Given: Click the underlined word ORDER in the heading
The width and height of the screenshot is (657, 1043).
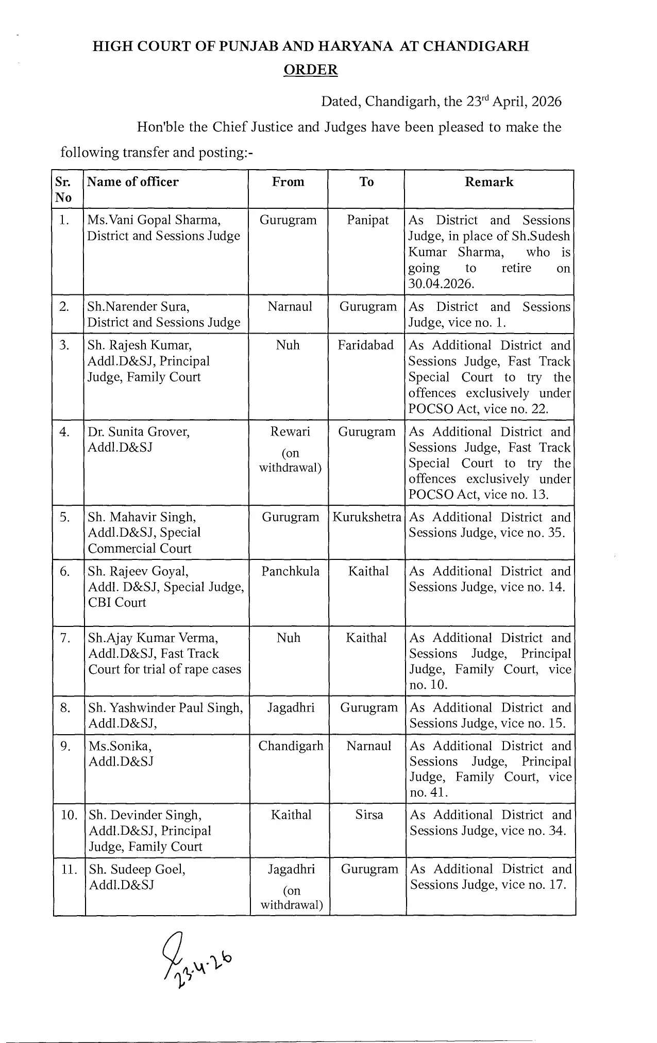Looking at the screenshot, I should click(311, 70).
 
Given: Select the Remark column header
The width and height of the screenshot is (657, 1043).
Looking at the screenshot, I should click(488, 182).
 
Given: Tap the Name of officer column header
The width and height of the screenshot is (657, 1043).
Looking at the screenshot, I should click(133, 182).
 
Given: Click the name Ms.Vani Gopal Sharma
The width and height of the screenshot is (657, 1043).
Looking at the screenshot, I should click(154, 220).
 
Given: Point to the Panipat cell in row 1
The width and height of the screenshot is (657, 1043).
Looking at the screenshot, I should click(367, 220).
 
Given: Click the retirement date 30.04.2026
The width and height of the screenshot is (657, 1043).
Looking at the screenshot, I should click(441, 284).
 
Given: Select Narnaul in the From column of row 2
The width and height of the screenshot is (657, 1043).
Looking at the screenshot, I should click(290, 307).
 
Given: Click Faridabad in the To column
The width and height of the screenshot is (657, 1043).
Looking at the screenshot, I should click(366, 345).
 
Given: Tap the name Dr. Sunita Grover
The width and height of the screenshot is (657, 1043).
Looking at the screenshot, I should click(139, 432).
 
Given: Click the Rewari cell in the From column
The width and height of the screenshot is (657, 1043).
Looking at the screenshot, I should click(290, 432).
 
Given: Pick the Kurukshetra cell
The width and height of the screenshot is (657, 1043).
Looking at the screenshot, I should click(367, 517).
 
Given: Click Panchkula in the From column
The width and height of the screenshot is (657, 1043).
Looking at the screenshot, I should click(290, 571).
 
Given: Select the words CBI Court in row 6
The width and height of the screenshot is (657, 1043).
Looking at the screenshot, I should click(117, 603).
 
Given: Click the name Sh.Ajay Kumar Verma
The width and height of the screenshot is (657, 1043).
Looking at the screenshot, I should click(153, 638).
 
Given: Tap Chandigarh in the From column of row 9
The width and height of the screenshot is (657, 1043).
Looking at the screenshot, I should click(291, 746).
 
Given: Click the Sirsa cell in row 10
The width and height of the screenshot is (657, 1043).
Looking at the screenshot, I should click(369, 815).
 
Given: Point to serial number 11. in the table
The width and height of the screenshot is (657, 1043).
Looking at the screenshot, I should click(69, 869).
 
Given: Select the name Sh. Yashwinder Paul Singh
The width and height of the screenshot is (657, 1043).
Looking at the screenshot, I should click(165, 708).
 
